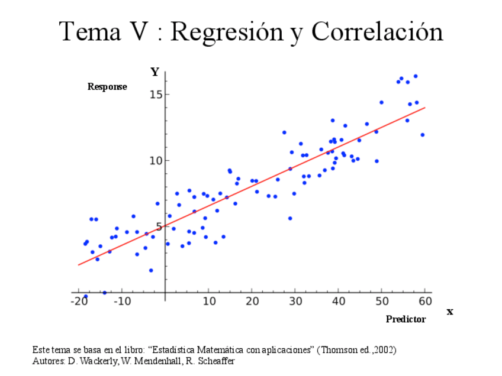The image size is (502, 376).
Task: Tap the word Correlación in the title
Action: pos(377,31)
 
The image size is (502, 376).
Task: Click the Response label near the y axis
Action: pos(107,87)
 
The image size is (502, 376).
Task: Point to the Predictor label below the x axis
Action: pos(406,319)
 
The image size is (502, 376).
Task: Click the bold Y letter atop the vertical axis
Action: pos(155,73)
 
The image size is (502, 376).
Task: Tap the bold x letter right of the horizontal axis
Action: pos(450,312)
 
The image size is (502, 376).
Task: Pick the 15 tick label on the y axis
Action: pos(155,95)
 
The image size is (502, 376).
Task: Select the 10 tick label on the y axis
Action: pos(155,161)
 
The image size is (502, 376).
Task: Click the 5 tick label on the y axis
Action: pos(158,227)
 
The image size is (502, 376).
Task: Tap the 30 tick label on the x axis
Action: pos(295,302)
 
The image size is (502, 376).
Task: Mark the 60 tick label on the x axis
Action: pos(426,302)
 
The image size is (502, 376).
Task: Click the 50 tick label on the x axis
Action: pos(382,302)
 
